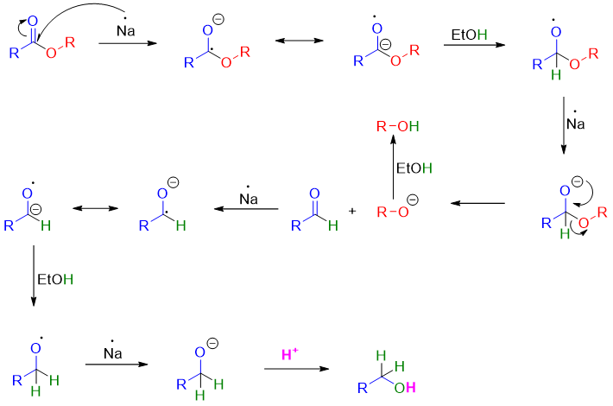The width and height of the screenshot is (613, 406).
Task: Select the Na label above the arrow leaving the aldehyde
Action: click(250, 199)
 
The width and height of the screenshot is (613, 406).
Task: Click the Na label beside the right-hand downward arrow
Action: click(576, 124)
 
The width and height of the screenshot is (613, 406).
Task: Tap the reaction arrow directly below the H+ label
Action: click(296, 369)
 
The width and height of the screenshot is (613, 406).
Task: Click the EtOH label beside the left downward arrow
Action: click(55, 280)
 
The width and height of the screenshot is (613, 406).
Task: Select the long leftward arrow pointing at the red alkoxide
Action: click(478, 204)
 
